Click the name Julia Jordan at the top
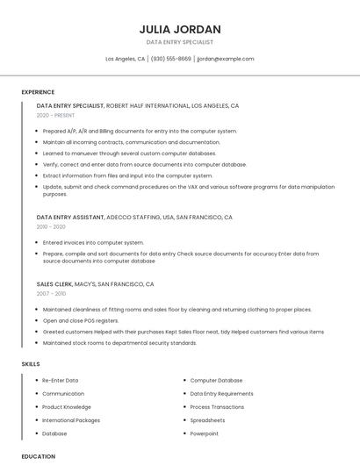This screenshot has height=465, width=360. point(179,29)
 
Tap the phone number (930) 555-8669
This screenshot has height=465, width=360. point(170,59)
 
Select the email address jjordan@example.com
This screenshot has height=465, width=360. point(226,59)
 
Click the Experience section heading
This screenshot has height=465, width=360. point(38,92)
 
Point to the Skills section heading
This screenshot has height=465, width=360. point(31,363)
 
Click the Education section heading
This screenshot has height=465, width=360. point(39,456)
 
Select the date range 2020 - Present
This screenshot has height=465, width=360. point(56,115)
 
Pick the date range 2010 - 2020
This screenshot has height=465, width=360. point(51,226)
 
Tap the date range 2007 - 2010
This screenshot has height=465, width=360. point(51,294)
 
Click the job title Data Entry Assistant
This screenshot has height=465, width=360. point(70,217)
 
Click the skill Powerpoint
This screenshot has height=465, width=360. point(205,433)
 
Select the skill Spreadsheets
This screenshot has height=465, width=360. point(207,420)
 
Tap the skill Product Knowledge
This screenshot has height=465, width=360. point(67,407)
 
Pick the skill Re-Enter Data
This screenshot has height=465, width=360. point(61,380)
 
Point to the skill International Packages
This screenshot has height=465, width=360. point(71,420)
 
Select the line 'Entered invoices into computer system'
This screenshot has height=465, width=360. point(93,242)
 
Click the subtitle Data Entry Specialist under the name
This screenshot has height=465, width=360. point(179,42)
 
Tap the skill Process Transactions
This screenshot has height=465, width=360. point(217,407)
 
